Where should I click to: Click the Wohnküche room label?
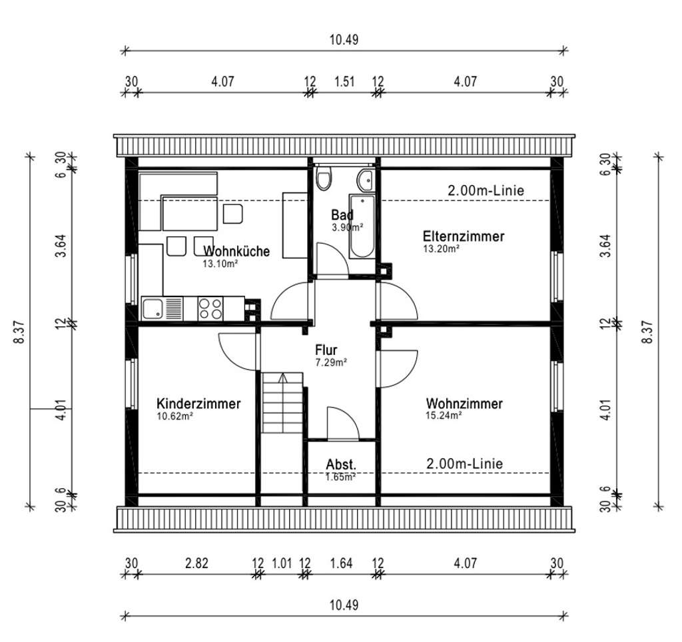click(x=237, y=251)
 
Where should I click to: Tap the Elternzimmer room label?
click(x=464, y=236)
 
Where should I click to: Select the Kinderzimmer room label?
click(x=198, y=404)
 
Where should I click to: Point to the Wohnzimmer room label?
click(x=464, y=404)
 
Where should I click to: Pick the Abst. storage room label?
click(x=341, y=464)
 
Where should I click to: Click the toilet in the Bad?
click(x=324, y=178)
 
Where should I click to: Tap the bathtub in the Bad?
click(x=363, y=226)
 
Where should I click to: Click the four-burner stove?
click(x=211, y=308)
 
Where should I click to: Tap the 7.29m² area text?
click(x=332, y=363)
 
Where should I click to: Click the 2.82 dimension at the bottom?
click(x=197, y=563)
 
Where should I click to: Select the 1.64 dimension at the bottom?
click(x=341, y=563)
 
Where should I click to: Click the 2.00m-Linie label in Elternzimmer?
click(x=486, y=190)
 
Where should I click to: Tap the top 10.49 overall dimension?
click(x=344, y=39)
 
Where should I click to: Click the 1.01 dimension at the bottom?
click(x=282, y=563)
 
